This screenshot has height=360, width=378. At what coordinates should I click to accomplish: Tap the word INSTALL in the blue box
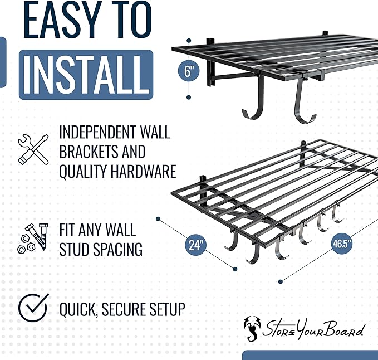click(x=86, y=74)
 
